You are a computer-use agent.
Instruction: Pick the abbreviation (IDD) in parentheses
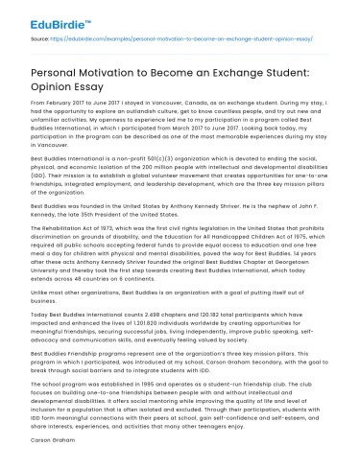39,169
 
